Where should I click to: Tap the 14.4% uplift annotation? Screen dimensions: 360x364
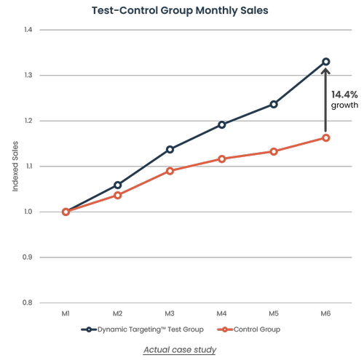344,95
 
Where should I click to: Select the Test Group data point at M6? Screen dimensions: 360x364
325,62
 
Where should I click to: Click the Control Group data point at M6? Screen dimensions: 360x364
325,137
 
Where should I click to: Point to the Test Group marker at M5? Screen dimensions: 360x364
274,104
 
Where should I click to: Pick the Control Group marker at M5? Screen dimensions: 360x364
274,151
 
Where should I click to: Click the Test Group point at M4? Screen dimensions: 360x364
222,124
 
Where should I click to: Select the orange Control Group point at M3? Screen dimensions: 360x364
170,171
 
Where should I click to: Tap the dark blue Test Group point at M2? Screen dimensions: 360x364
118,185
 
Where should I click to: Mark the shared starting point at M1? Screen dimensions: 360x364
66,212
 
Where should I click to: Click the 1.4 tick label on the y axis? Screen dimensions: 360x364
28,30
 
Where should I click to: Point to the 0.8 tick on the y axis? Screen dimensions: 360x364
28,303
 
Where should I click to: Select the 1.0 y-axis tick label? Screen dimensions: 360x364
28,212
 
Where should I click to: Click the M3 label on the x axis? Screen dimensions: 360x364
170,313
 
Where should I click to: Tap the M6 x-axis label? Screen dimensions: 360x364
325,313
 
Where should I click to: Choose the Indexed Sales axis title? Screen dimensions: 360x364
15,167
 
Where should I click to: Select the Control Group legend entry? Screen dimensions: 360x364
251,329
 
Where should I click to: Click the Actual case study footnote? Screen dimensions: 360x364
180,350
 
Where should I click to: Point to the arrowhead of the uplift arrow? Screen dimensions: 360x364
325,71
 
